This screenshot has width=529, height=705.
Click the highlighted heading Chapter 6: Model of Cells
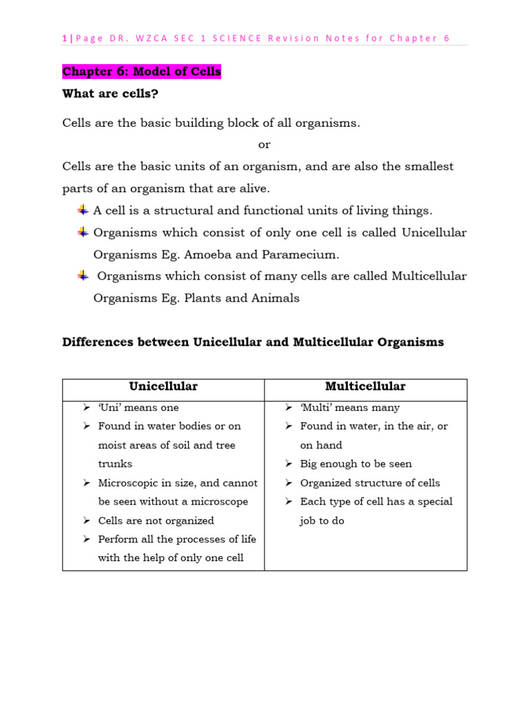[x=141, y=72]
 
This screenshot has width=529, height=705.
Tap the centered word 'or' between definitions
[x=264, y=145]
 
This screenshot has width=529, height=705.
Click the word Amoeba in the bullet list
[x=207, y=255]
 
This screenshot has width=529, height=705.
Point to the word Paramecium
[x=300, y=255]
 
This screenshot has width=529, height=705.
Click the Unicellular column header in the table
[x=163, y=387]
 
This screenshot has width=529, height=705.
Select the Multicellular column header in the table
[x=365, y=387]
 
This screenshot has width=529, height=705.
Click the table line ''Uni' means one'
[x=138, y=408]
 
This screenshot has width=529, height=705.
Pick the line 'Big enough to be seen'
[x=355, y=464]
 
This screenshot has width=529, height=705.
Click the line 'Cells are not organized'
[x=156, y=520]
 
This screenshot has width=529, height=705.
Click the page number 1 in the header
[x=65, y=38]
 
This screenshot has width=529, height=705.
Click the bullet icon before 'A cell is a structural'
[x=82, y=210]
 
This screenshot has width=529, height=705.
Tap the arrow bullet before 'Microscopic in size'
[x=87, y=483]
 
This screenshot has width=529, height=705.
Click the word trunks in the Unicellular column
[x=115, y=464]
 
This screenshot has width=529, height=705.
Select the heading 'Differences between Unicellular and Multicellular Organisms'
[x=253, y=342]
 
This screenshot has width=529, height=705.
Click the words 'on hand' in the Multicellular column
[x=321, y=445]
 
